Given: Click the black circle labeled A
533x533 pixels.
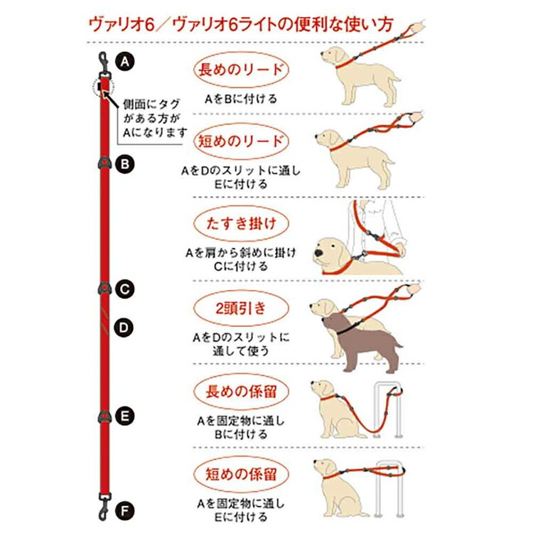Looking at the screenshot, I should point(125,62).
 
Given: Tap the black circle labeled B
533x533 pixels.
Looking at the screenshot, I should point(125,165).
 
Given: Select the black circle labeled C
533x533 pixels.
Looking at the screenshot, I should point(125,289).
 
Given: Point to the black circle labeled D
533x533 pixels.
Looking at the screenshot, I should point(125,328).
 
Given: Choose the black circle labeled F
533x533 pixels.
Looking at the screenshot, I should point(125,510).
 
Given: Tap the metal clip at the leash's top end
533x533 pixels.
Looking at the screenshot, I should point(103,65).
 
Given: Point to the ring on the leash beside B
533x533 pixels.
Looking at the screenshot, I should point(104,163).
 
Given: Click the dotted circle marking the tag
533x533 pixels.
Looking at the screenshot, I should point(104,88).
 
